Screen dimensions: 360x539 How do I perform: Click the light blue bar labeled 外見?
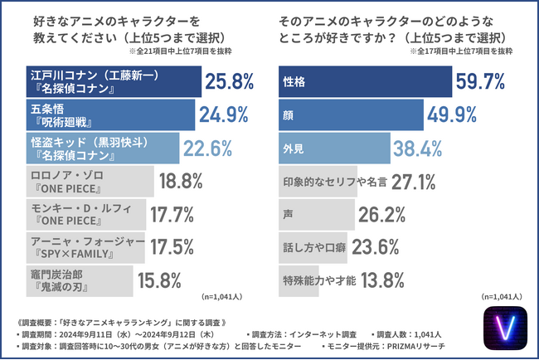point(333,148)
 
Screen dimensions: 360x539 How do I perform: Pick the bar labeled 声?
point(315,214)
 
